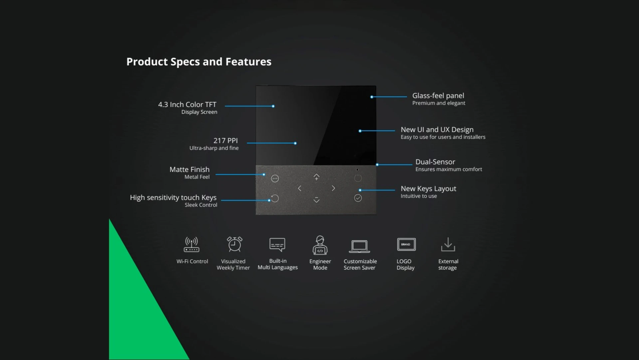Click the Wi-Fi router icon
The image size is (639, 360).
click(x=192, y=244)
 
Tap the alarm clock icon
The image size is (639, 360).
click(x=234, y=244)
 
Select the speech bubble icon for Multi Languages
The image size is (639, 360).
click(x=277, y=244)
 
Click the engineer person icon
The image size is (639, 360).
click(x=320, y=245)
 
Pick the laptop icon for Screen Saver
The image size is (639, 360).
click(x=359, y=246)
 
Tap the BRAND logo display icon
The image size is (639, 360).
click(x=406, y=244)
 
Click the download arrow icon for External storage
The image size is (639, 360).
click(x=448, y=244)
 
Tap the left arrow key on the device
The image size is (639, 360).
click(x=300, y=188)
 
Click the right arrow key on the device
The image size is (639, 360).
click(x=333, y=188)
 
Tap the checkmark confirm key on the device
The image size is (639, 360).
click(x=358, y=198)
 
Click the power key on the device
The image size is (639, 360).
click(x=358, y=178)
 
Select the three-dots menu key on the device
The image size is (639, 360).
click(x=275, y=179)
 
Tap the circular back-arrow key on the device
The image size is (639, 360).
click(x=275, y=198)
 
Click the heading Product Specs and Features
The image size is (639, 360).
click(x=199, y=62)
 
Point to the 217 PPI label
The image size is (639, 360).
click(x=226, y=141)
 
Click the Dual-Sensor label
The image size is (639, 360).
click(x=435, y=162)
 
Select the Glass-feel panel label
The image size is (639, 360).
click(x=438, y=96)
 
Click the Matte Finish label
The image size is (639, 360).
click(x=189, y=170)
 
